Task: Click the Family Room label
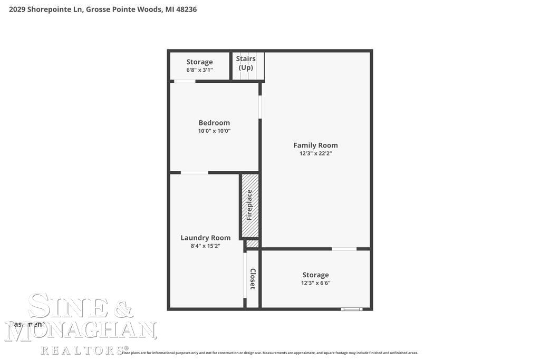(315, 145)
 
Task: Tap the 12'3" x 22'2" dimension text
(315, 154)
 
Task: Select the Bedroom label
(214, 123)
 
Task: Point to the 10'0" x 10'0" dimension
(214, 131)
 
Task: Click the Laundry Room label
(206, 238)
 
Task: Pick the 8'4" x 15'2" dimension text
(206, 246)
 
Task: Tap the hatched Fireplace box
(250, 206)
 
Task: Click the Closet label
(253, 279)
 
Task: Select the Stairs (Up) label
(246, 63)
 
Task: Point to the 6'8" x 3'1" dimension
(199, 70)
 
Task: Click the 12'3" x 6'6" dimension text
(315, 283)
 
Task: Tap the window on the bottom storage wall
(352, 309)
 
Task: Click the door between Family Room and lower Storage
(344, 249)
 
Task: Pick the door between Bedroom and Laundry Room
(194, 172)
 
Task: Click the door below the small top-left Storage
(185, 81)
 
